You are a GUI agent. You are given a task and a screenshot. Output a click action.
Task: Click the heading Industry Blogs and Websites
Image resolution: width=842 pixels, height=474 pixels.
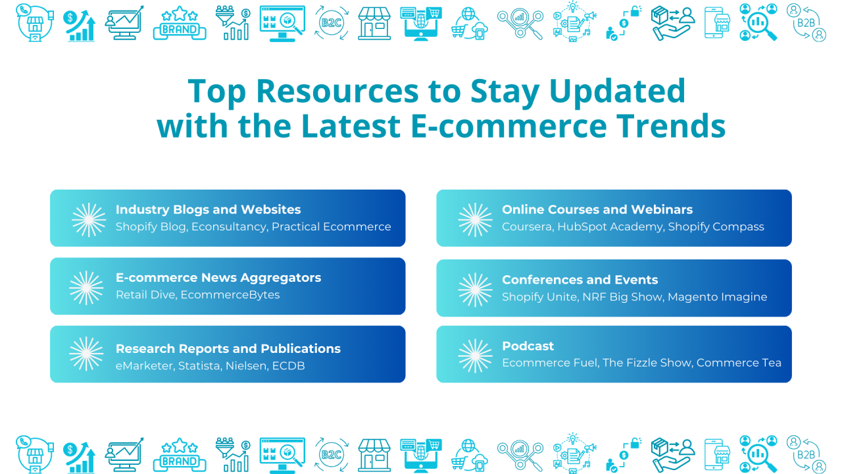(x=209, y=209)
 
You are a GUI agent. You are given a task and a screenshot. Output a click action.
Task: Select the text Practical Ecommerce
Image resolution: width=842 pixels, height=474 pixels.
(x=332, y=227)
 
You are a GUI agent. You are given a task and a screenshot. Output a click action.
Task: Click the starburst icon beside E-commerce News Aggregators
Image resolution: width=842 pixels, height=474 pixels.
(x=86, y=288)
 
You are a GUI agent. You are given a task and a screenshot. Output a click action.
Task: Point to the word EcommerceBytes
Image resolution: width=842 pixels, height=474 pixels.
(x=230, y=295)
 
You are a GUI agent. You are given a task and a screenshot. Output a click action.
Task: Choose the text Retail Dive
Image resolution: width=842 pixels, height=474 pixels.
(x=145, y=295)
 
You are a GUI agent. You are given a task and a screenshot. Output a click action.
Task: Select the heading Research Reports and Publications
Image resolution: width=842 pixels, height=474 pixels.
(x=228, y=349)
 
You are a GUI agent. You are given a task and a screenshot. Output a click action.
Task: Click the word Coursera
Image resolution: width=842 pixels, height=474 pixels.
(x=528, y=227)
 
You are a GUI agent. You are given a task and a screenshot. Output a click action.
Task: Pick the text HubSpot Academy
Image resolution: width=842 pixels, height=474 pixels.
(x=610, y=227)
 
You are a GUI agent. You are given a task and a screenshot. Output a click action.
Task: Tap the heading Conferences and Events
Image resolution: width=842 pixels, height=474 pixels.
(x=580, y=280)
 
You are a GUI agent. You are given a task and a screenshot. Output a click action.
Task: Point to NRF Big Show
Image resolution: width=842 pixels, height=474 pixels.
(x=622, y=297)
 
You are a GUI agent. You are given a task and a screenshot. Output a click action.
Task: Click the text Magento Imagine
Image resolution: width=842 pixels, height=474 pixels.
(x=718, y=297)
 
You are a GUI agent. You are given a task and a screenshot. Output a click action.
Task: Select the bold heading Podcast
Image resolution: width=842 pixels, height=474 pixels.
(x=528, y=346)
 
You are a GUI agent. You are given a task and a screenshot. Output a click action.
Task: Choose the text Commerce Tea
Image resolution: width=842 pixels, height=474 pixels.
(x=739, y=363)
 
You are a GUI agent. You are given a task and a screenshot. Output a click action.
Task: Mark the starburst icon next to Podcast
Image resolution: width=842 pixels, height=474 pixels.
(x=475, y=356)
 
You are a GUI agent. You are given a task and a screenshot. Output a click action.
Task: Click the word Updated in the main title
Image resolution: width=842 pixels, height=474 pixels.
(x=617, y=91)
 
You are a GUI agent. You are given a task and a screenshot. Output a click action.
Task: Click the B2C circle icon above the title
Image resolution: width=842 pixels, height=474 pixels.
(x=331, y=23)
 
